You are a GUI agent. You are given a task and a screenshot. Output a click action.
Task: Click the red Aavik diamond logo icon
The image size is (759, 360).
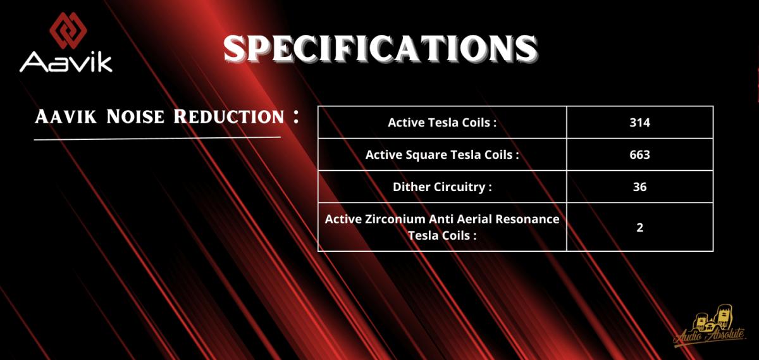coord(68,30)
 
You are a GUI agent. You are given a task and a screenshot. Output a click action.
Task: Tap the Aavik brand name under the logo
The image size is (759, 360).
coord(66,62)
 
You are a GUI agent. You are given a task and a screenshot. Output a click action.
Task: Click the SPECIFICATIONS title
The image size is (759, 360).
coord(381,49)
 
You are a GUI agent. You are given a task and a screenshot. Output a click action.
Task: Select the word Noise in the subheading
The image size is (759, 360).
coord(135,116)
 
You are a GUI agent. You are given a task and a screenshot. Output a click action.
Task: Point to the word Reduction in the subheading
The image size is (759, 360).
coord(229,116)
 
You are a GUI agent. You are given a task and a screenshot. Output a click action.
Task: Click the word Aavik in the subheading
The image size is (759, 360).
coord(66,116)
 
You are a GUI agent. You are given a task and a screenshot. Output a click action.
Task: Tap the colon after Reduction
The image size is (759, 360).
coord(296,116)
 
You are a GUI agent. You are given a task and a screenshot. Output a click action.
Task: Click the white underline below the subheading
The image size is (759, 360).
coord(157,139)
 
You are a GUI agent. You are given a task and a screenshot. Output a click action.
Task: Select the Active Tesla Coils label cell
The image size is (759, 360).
coord(442,122)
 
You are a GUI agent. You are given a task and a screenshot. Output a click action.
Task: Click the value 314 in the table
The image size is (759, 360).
coord(639,122)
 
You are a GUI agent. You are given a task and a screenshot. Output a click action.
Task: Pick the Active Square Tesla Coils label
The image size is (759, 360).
coord(442,154)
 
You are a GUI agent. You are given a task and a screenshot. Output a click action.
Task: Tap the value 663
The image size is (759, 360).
coord(639,154)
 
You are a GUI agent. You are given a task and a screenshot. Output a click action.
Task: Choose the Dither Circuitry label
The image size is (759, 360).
coord(442,187)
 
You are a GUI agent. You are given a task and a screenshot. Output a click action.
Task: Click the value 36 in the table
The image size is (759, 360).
coord(639,187)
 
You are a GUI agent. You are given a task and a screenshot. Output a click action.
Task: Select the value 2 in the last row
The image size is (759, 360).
coord(639,227)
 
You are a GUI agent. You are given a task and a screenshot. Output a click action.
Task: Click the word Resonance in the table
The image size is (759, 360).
coord(528,219)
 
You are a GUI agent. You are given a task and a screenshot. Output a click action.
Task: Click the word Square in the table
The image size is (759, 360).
coord(425,155)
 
